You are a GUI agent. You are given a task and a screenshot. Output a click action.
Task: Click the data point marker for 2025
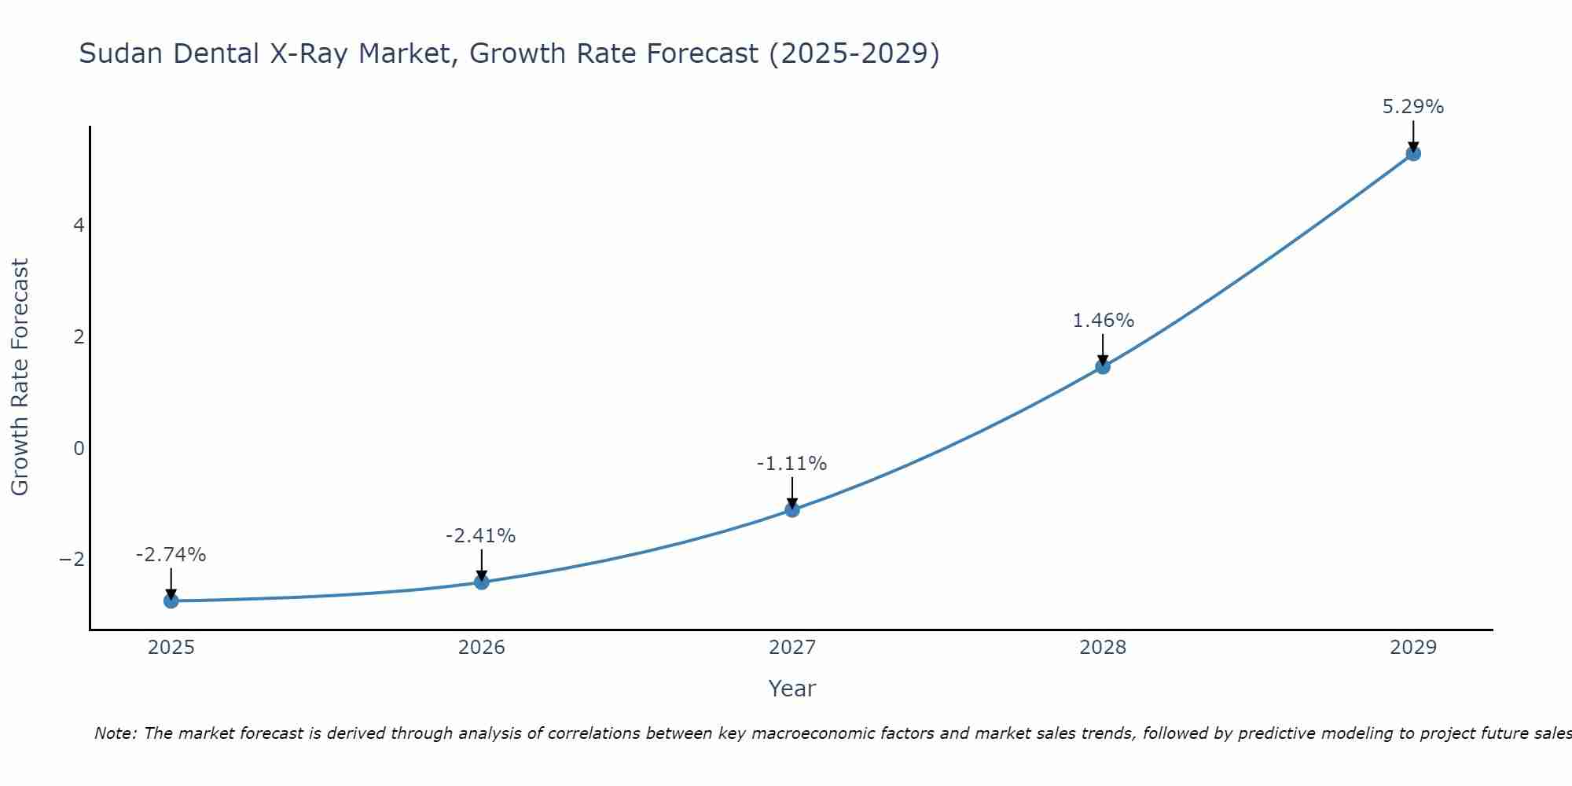171,601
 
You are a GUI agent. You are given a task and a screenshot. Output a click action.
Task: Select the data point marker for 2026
482,582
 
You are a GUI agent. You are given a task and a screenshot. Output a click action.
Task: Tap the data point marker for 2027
792,510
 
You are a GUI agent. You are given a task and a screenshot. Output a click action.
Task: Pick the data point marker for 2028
1103,366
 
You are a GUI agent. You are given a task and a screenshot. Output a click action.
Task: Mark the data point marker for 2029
1413,154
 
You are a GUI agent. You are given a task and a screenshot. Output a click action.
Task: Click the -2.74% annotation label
171,555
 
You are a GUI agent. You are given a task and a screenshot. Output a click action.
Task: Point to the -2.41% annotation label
481,536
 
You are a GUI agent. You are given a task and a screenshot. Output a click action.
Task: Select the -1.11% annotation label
792,464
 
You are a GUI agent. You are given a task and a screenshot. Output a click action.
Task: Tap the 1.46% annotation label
1104,321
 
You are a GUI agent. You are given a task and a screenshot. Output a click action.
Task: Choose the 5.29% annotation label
1413,107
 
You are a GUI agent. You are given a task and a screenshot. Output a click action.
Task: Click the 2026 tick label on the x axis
482,648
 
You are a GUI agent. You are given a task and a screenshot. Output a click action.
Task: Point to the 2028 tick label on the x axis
1103,648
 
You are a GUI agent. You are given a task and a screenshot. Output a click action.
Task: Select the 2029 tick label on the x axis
1413,648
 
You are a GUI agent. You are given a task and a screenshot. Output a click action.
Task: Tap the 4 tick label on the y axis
79,226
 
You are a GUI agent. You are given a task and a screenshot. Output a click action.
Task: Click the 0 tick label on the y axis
79,449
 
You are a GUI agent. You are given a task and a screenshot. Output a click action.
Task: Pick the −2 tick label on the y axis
72,560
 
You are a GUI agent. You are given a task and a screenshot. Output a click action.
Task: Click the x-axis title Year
792,689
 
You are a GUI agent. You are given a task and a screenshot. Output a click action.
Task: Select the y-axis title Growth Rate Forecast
20,377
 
